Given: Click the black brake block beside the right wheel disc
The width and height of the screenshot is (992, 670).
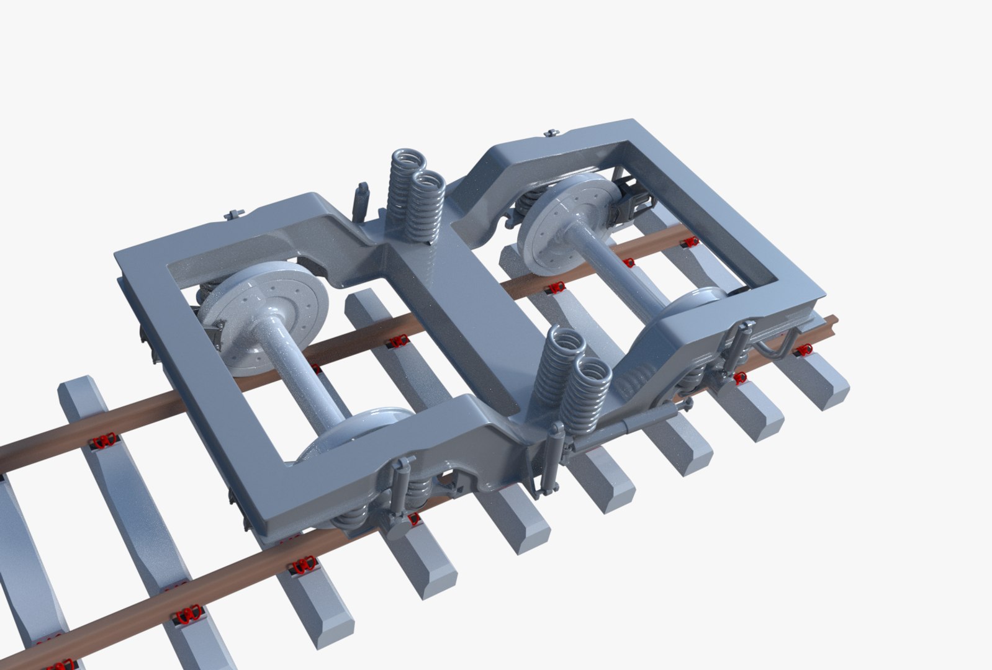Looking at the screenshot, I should pos(636,199).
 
